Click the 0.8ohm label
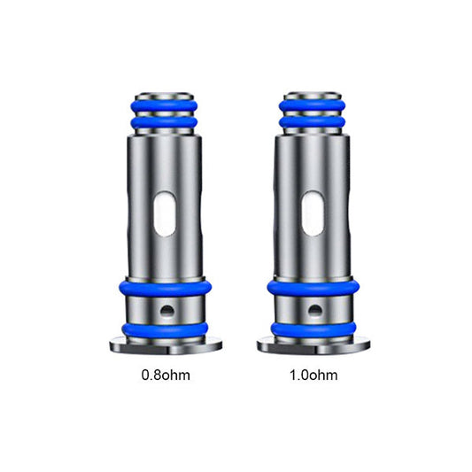tap(166, 375)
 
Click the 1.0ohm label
tap(313, 375)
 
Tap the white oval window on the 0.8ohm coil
tap(165, 213)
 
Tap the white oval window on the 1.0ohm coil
tap(313, 213)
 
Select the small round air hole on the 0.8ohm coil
tap(167, 310)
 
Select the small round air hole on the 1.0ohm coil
tap(315, 310)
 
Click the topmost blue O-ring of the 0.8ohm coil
tap(165, 106)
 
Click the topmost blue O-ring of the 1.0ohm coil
tap(313, 106)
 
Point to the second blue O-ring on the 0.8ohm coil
tap(165, 122)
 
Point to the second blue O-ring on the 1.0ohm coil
tap(313, 122)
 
